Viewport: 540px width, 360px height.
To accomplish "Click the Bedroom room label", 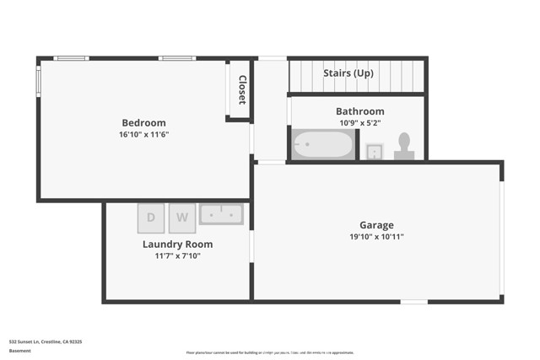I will click(143, 122).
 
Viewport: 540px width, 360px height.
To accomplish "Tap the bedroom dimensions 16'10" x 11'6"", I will click(143, 134).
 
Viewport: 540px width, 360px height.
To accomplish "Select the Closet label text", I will click(241, 89).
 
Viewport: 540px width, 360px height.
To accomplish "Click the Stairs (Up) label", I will click(348, 73).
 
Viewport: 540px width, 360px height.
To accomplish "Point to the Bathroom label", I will click(359, 111).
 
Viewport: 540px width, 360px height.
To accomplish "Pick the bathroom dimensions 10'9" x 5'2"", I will click(359, 123).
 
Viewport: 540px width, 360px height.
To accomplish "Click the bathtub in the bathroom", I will click(323, 145).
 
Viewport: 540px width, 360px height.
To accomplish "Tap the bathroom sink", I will click(374, 152).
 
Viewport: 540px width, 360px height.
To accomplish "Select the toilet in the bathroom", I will click(404, 146).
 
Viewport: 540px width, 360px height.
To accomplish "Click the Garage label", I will click(376, 225).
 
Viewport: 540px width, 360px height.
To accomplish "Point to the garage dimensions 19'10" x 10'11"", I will click(376, 237).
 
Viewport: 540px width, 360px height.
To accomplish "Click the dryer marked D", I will click(151, 218).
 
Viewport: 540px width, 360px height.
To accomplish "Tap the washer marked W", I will click(181, 218).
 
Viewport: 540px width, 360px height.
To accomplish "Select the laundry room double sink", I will click(221, 214).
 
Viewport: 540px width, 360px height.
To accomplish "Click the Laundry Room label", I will click(177, 244).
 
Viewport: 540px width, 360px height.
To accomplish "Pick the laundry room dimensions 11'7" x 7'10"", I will click(177, 256).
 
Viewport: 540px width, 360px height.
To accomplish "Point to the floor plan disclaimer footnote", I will click(270, 353).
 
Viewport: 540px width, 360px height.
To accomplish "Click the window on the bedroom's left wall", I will click(38, 81).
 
